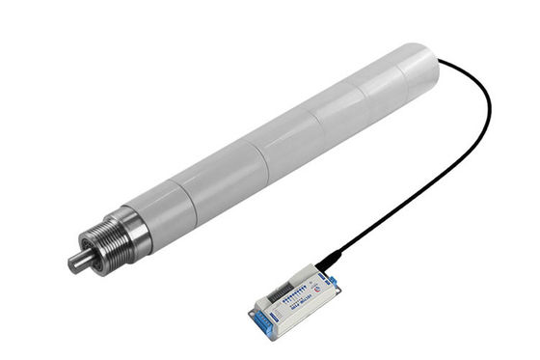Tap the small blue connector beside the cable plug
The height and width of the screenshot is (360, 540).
coord(333,280)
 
